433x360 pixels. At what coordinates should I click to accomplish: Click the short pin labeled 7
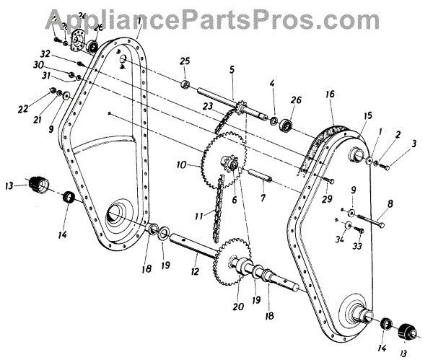[x=259, y=175]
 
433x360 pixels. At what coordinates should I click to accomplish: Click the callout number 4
[x=272, y=84]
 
